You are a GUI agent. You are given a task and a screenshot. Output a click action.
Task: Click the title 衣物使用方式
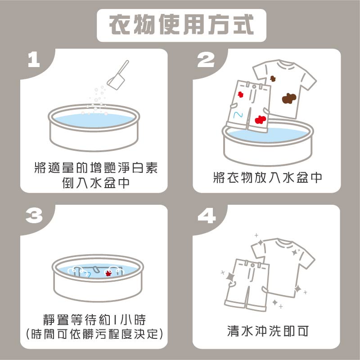click(181, 25)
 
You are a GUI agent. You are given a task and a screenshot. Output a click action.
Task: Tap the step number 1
click(34, 60)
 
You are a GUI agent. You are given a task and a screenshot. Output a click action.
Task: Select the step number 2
click(206, 60)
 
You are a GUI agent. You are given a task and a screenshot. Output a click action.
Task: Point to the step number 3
click(34, 216)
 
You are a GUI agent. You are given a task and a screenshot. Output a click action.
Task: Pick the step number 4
click(207, 216)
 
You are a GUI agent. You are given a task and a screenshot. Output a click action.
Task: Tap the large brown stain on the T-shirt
click(289, 98)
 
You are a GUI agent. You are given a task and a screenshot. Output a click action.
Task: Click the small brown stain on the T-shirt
click(273, 78)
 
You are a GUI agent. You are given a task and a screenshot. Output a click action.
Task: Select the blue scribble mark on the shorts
click(238, 115)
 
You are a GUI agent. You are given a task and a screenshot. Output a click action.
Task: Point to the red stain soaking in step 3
click(108, 273)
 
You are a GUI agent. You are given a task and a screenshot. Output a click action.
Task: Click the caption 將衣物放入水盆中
click(267, 177)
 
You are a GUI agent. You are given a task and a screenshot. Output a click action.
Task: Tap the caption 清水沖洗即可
click(267, 331)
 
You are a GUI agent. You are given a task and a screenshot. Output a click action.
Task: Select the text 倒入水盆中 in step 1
click(96, 183)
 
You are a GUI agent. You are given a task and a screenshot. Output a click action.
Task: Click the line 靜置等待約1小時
click(94, 319)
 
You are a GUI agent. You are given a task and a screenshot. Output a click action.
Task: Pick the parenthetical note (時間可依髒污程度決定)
click(94, 333)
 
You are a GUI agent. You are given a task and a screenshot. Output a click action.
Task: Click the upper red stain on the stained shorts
click(240, 94)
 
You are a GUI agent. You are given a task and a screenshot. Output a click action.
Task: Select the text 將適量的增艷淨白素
click(96, 167)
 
